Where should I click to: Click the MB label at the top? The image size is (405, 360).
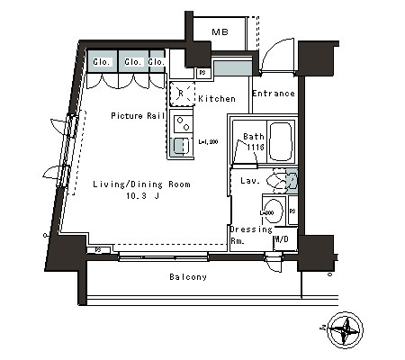(x=220, y=33)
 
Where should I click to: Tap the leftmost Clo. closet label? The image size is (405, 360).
(x=102, y=62)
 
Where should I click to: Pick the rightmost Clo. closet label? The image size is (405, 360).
(x=155, y=62)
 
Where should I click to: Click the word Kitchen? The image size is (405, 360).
(x=217, y=98)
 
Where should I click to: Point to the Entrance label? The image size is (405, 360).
(x=274, y=94)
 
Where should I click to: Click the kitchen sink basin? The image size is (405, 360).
(x=180, y=148)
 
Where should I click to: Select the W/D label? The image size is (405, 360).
(x=282, y=239)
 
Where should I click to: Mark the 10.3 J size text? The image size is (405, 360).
(x=141, y=195)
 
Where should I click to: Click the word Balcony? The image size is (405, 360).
(x=187, y=277)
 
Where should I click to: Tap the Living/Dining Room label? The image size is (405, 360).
(x=141, y=184)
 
